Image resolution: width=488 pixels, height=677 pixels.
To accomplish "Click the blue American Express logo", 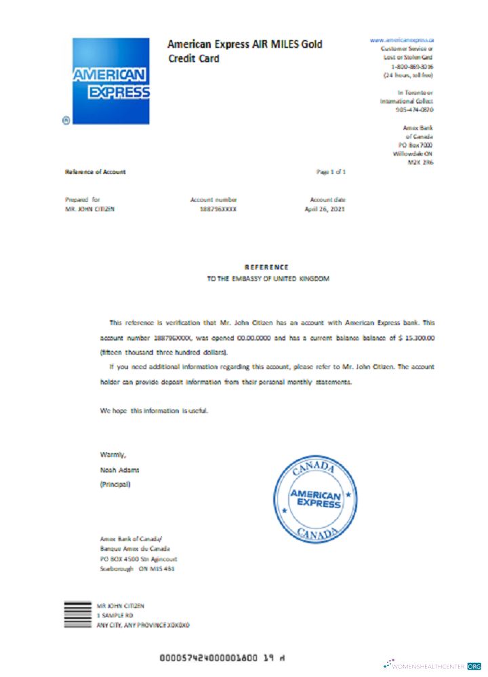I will click(111, 81).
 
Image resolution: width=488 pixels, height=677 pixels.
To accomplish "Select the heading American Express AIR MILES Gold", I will click(245, 45).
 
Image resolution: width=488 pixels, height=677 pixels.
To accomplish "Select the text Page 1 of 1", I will click(331, 172).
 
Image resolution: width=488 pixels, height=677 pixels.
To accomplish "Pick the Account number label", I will click(214, 200).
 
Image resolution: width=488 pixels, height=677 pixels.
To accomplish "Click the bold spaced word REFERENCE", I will click(266, 267).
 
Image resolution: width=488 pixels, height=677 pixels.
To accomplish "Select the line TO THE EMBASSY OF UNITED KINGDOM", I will click(268, 278).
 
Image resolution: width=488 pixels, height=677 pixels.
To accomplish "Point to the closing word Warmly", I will click(113, 454).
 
